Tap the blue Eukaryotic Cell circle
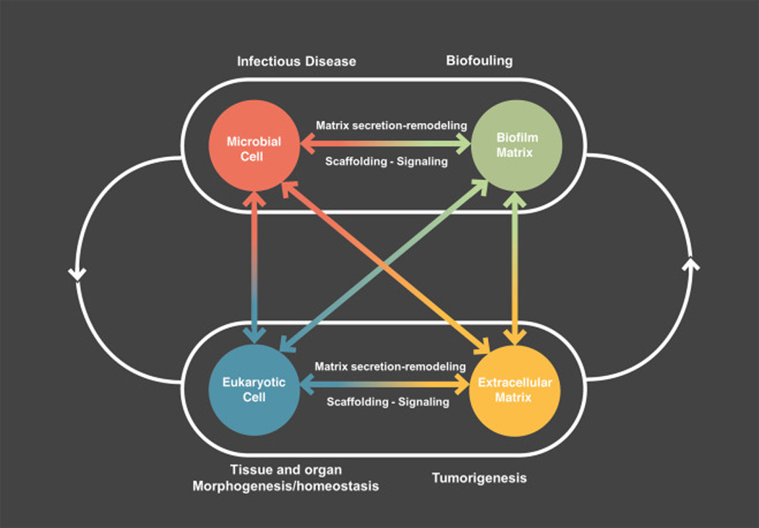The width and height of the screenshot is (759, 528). pyautogui.click(x=254, y=391)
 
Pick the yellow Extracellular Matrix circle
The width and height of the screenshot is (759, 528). pyautogui.click(x=515, y=391)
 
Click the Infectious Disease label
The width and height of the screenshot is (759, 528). pyautogui.click(x=296, y=61)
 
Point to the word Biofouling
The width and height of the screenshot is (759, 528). pyautogui.click(x=479, y=61)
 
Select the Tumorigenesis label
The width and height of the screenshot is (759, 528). pyautogui.click(x=479, y=478)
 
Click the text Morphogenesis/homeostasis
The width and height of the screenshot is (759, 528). pyautogui.click(x=286, y=486)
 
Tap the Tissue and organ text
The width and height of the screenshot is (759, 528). pyautogui.click(x=286, y=469)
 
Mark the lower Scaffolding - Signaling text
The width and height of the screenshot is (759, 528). pyautogui.click(x=387, y=402)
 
